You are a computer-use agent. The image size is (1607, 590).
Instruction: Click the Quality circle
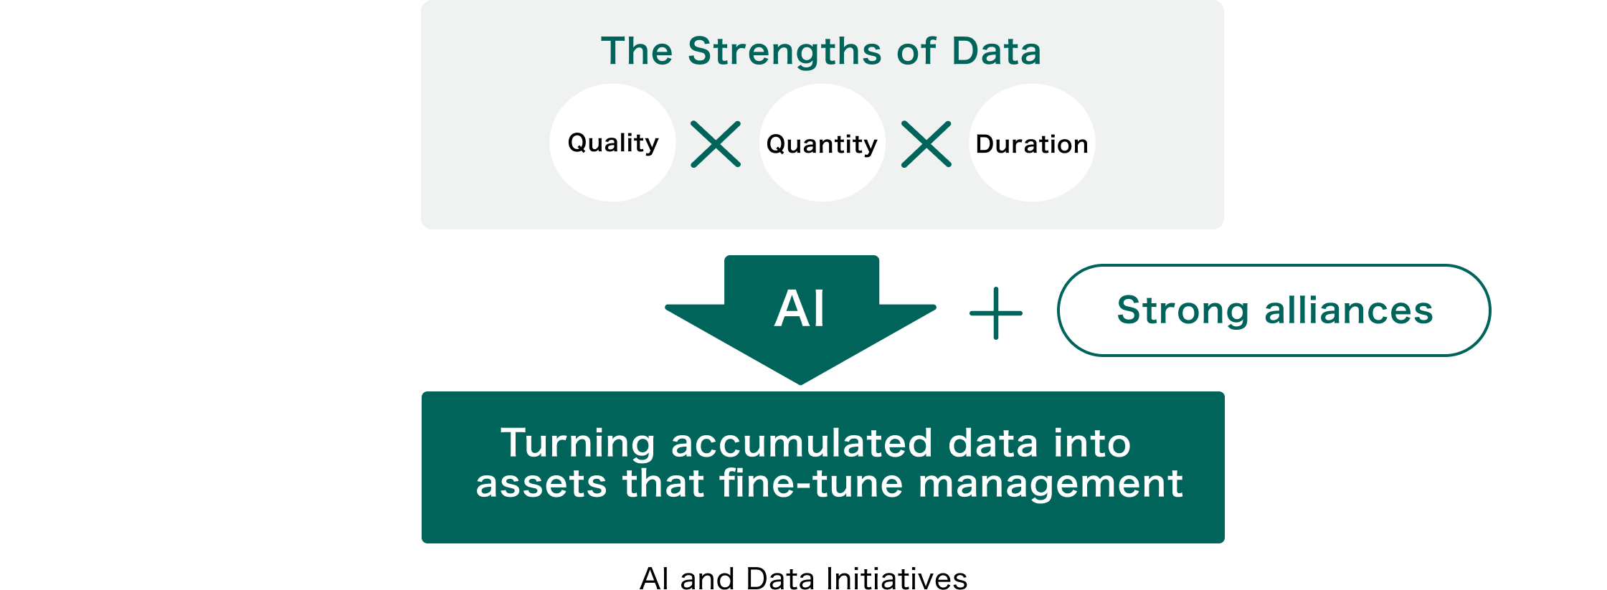612,143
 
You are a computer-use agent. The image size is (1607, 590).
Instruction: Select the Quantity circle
823,143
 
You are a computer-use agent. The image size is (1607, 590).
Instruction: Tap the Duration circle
1032,143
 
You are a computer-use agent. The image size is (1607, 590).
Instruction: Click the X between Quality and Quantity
716,144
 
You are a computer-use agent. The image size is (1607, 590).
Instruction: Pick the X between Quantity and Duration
926,144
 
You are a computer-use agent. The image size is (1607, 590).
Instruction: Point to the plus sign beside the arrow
996,313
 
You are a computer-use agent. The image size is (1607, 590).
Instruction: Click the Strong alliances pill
1274,310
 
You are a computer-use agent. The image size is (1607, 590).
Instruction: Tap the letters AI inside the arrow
800,308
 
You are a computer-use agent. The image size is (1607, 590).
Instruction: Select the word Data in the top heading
997,51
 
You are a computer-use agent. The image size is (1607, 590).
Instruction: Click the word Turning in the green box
577,444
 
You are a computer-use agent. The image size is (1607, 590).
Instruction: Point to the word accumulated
802,443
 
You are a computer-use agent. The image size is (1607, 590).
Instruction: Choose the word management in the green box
1051,485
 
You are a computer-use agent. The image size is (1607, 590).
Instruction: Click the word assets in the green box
541,484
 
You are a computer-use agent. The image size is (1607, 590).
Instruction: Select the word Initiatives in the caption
896,578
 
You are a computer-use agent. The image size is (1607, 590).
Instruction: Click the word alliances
1349,310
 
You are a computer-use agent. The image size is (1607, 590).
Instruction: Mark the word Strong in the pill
1182,311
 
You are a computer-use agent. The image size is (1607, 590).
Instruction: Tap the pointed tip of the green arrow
800,384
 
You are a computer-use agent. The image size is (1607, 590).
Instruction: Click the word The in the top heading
637,51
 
